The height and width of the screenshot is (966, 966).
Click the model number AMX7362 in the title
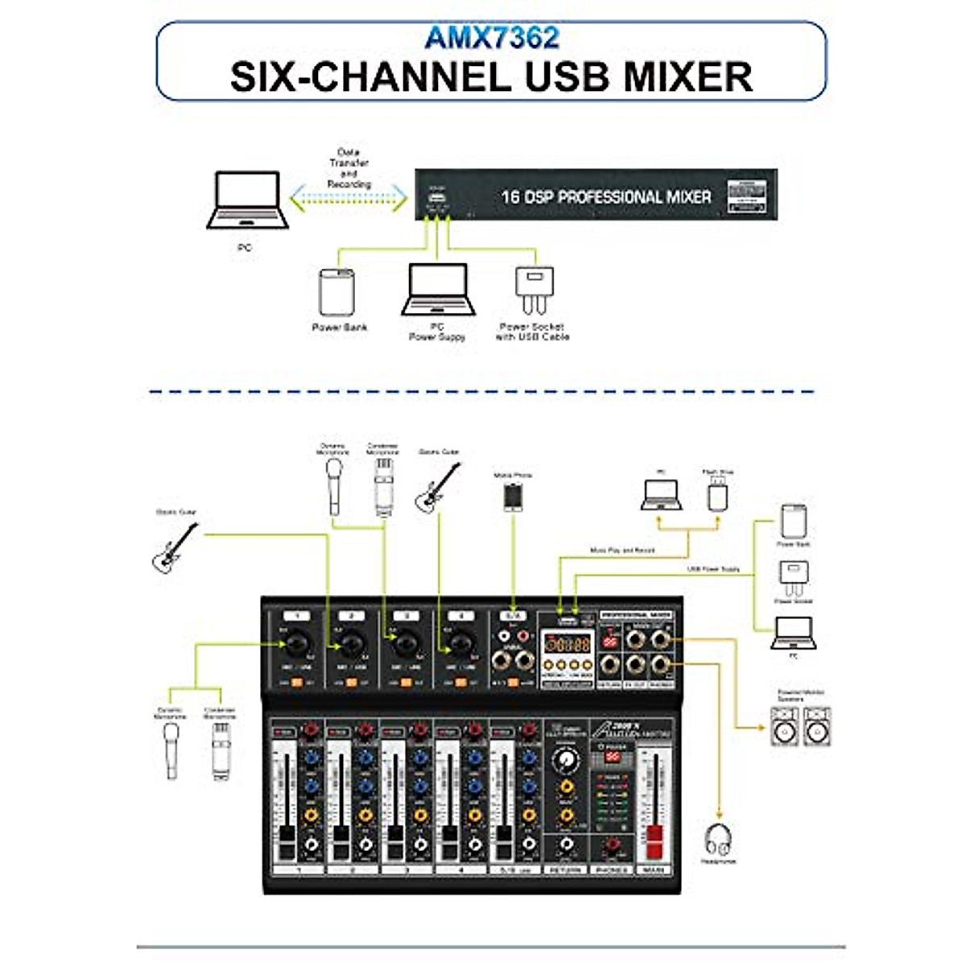pyautogui.click(x=492, y=38)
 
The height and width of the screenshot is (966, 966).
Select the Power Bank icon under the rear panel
pyautogui.click(x=337, y=292)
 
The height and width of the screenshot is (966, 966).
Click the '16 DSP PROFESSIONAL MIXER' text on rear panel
pyautogui.click(x=605, y=196)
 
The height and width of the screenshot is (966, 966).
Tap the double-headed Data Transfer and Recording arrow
pyautogui.click(x=349, y=199)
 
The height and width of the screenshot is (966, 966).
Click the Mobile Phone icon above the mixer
pyautogui.click(x=514, y=496)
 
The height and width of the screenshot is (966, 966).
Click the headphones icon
pyautogui.click(x=718, y=840)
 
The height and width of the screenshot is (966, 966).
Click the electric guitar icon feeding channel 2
pyautogui.click(x=175, y=547)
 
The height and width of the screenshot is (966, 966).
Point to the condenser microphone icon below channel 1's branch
pyautogui.click(x=221, y=749)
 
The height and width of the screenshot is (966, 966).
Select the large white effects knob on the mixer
pyautogui.click(x=567, y=759)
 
